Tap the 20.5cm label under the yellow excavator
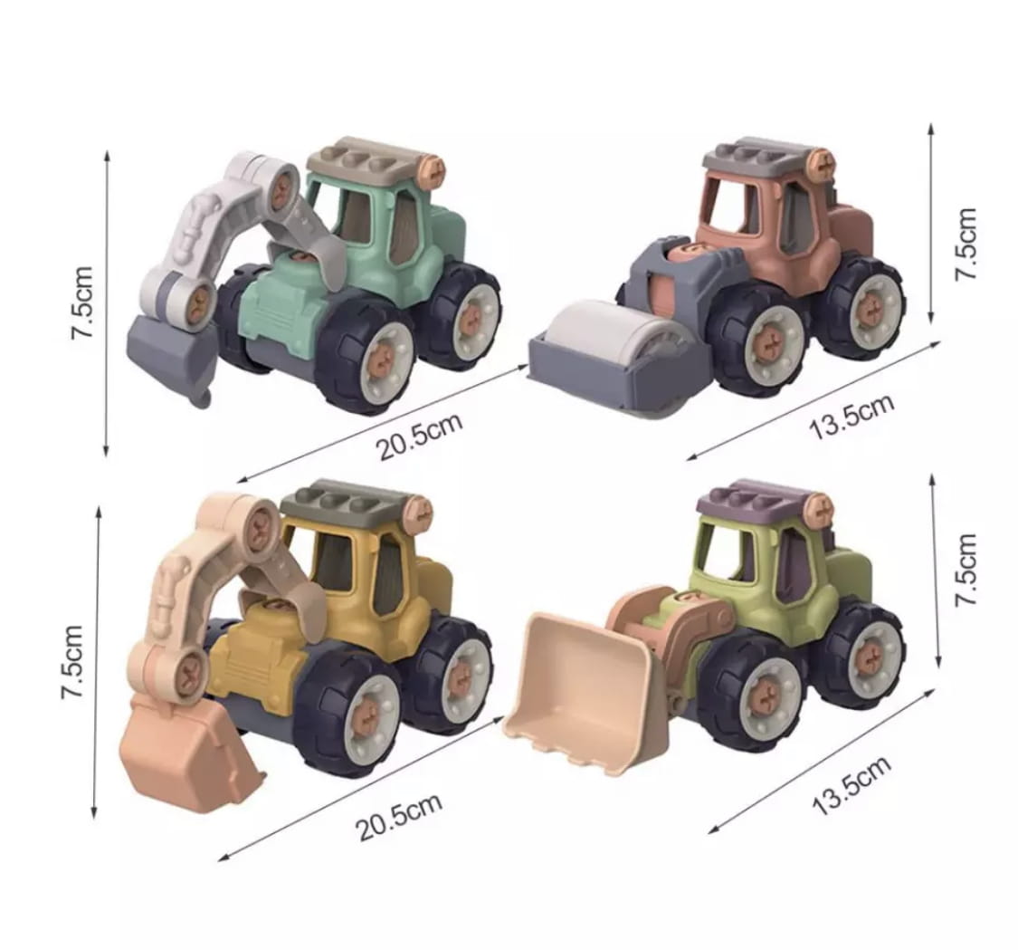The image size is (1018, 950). [399, 817]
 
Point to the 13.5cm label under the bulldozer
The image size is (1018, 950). [852, 786]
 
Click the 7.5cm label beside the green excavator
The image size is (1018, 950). [83, 302]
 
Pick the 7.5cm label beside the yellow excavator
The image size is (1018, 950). [72, 662]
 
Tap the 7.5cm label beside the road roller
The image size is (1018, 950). [966, 245]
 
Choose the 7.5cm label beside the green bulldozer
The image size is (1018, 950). [966, 570]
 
